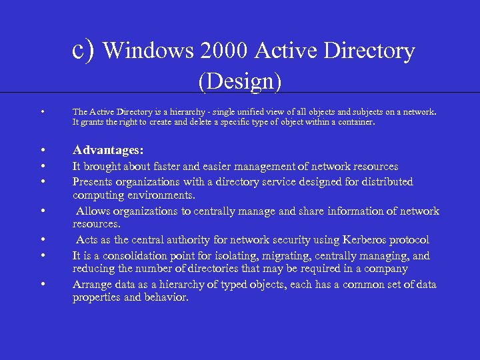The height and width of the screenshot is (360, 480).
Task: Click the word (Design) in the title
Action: [240, 81]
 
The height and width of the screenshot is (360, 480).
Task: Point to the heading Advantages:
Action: [108, 150]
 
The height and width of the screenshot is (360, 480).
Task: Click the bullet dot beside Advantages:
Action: [41, 150]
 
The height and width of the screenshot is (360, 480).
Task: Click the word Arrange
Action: [92, 285]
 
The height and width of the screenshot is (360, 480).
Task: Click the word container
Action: [355, 123]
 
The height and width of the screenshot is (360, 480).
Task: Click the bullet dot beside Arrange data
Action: [41, 285]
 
